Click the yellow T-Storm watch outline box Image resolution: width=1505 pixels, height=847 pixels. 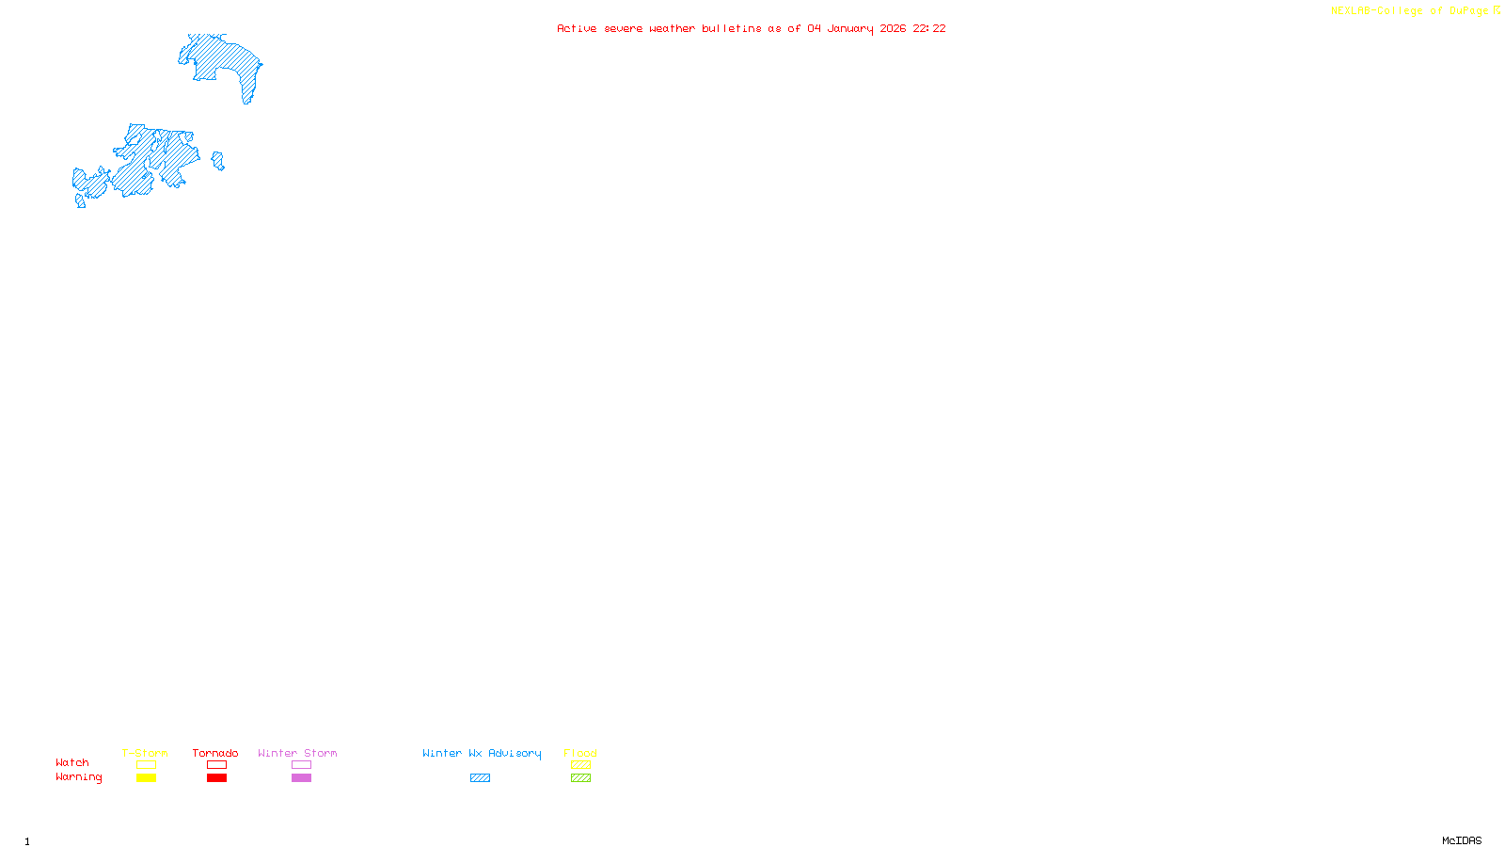(x=146, y=765)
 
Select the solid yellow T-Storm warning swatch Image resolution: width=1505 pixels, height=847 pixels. (x=146, y=778)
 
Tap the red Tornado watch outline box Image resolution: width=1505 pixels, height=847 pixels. (x=216, y=765)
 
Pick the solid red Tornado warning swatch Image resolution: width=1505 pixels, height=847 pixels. (x=216, y=778)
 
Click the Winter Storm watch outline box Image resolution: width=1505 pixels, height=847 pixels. (x=301, y=765)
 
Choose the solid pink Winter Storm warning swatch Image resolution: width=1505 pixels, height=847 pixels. (x=301, y=778)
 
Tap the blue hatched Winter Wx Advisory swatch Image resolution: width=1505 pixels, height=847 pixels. (x=480, y=778)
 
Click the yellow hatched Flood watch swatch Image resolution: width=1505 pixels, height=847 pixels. (x=580, y=765)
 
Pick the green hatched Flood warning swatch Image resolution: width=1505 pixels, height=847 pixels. (x=580, y=778)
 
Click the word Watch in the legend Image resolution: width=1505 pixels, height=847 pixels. (x=72, y=763)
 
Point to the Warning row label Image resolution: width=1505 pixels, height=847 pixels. (x=78, y=777)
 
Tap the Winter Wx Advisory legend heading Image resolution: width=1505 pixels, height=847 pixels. (x=482, y=753)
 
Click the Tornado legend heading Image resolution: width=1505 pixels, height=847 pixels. (x=215, y=753)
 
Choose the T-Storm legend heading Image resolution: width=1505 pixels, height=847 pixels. (x=145, y=753)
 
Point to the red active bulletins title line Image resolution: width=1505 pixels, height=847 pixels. (x=751, y=28)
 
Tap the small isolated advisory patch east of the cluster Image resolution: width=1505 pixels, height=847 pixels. (x=218, y=161)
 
